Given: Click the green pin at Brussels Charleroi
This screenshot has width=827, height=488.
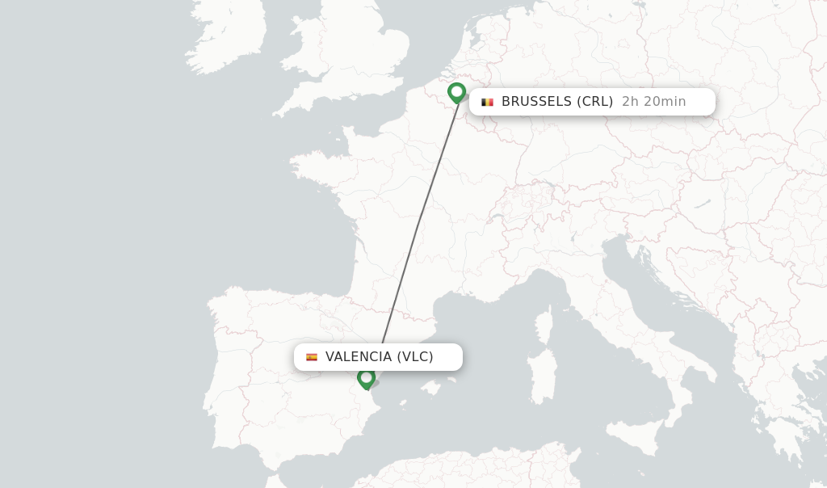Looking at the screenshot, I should tap(457, 92).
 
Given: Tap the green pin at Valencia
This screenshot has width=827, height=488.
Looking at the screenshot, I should tap(366, 378).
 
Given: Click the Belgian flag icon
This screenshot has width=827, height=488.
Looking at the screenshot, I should tap(487, 102).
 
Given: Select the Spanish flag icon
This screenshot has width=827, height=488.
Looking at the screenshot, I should tap(312, 357).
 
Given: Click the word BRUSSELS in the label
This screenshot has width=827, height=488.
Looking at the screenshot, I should tap(536, 102).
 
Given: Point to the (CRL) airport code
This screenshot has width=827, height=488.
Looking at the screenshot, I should tap(594, 102).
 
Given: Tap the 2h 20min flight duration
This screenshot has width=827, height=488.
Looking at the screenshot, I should tap(653, 102).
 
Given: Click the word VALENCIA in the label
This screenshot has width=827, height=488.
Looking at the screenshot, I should tap(358, 357).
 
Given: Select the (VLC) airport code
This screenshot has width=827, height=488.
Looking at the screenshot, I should tap(415, 357).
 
